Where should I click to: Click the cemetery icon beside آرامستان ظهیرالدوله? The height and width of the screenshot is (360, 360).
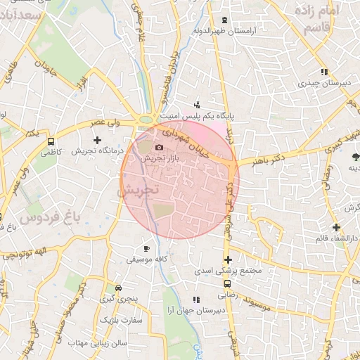pos(224,20)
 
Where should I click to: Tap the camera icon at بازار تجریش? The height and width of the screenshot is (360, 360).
pos(159,147)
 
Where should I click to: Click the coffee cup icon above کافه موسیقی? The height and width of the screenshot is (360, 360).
pos(146,248)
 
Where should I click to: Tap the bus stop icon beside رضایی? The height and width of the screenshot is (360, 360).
pos(227,283)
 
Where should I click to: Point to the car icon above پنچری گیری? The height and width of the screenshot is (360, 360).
pos(118,288)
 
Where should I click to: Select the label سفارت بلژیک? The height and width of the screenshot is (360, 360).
pos(120,320)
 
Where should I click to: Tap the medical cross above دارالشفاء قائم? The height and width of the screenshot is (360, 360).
pos(337,227)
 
